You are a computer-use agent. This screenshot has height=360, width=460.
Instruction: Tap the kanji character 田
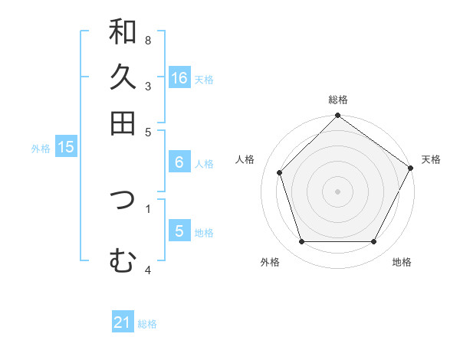123,123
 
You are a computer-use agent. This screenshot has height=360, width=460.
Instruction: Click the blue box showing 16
179,77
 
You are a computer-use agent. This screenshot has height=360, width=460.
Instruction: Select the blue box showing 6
179,162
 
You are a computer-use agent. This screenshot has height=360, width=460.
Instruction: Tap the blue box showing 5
179,231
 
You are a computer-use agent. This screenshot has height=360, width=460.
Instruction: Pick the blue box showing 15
66,147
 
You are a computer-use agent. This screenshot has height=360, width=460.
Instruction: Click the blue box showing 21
123,322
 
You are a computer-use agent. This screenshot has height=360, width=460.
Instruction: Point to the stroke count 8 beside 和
148,40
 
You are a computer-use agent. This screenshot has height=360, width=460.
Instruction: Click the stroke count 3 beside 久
148,87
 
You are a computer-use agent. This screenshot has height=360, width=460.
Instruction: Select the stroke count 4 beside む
148,270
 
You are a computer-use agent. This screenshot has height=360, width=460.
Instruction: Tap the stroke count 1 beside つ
148,208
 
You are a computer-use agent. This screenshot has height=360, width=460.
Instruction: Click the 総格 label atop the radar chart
338,100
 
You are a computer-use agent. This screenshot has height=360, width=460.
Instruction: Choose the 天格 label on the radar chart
431,159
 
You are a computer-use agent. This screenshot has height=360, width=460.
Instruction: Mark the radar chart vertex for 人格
280,172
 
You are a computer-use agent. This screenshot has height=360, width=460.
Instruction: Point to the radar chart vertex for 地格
374,242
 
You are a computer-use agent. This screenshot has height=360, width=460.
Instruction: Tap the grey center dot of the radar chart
338,191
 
